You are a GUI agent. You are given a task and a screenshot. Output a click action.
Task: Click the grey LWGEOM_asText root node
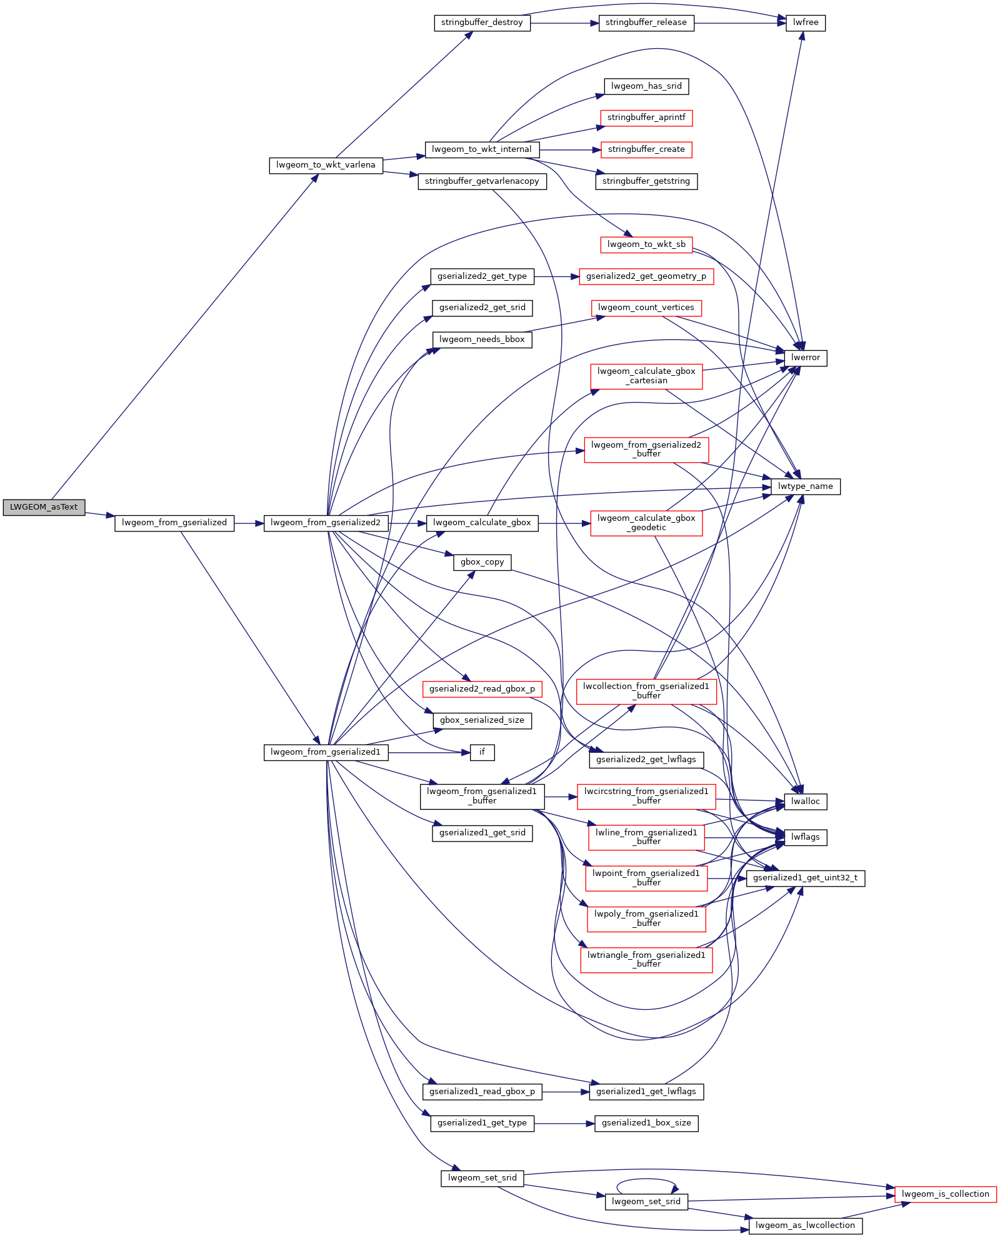pos(44,507)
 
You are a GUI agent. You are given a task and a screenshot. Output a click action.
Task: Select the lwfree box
pos(805,23)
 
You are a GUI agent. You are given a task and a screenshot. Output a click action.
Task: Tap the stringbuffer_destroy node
pos(482,23)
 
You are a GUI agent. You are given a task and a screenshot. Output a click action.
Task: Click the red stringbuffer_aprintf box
pos(646,118)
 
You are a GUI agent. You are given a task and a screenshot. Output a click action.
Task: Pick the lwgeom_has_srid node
pos(646,86)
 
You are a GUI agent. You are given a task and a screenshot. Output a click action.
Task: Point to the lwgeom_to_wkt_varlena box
pos(326,165)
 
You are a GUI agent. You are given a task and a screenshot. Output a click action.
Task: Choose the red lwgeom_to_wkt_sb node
pos(646,244)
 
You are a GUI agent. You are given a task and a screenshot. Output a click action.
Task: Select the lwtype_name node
pos(805,486)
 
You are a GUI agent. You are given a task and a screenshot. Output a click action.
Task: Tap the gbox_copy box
pos(482,562)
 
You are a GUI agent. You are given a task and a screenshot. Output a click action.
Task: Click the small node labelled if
pos(482,752)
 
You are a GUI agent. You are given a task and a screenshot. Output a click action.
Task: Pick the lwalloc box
pos(805,802)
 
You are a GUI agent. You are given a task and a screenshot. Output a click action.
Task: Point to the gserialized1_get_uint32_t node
pos(805,878)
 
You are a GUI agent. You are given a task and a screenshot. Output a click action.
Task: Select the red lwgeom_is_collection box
pos(945,1194)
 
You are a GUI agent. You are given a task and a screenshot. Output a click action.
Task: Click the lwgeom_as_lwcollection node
pos(805,1225)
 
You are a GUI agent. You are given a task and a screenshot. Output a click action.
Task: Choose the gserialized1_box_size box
pos(646,1123)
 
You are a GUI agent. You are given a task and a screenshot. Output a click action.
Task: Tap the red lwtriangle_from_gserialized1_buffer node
pos(646,960)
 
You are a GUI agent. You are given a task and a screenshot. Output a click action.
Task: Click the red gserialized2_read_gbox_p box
pos(482,689)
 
